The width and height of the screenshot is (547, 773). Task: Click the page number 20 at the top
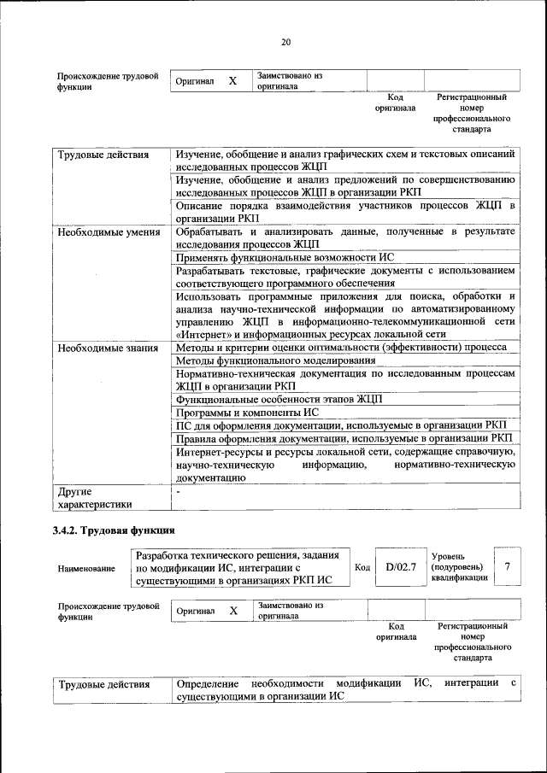[x=285, y=42]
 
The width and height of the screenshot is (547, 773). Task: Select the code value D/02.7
[x=400, y=567]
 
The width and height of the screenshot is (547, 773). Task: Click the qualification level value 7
[x=508, y=567]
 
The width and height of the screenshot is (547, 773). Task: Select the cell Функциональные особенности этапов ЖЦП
[x=279, y=399]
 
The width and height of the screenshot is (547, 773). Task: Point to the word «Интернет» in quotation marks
[x=200, y=335]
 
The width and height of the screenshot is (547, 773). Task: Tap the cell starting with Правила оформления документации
[x=344, y=437]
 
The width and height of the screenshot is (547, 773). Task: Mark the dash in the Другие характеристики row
[x=178, y=492]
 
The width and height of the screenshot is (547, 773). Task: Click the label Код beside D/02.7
[x=362, y=567]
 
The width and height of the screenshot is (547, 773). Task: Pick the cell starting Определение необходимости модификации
[x=345, y=690]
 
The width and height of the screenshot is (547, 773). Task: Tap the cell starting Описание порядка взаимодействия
[x=345, y=212]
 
